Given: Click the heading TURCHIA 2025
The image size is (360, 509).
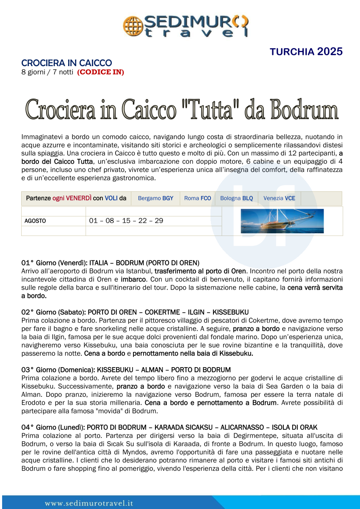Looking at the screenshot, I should point(306,52).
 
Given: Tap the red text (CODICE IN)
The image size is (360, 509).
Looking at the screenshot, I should point(100,72).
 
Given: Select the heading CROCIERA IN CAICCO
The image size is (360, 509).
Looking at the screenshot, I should point(66,63).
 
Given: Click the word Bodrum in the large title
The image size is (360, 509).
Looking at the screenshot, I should point(304,109).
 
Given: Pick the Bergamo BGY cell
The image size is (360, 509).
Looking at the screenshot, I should point(155,198).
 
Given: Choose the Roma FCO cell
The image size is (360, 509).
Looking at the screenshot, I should point(197,198).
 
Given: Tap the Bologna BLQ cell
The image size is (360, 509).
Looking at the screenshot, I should point(236,198).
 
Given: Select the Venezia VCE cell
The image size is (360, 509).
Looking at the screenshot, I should point(279,198).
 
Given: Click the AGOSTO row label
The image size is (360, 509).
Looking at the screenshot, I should point(36,221).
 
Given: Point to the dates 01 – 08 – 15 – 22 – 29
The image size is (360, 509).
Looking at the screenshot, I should point(126,221).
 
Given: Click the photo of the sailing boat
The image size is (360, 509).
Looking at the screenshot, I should point(282,221).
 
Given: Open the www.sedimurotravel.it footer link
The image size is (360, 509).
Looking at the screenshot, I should point(89,503).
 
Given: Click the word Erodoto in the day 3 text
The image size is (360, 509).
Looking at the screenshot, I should point(33,401).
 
